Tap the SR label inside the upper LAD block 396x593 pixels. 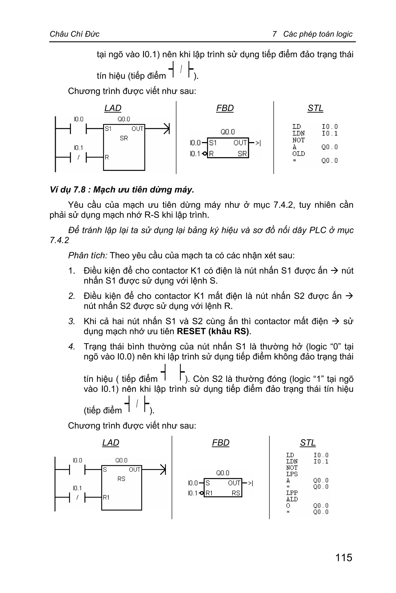124,138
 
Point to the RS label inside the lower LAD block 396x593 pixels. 121,479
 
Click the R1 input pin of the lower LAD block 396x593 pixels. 106,497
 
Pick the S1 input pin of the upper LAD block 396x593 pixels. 108,129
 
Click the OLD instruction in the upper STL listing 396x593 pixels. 299,154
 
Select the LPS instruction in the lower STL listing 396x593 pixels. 292,474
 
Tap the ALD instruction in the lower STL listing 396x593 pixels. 292,499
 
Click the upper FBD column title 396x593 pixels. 225,108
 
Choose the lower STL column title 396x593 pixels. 308,443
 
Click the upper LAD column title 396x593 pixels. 113,108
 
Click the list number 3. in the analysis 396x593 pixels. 72,321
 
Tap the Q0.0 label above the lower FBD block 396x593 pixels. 223,473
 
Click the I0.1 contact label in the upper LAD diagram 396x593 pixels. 78,148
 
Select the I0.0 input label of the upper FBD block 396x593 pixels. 195,143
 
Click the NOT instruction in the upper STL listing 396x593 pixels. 299,140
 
